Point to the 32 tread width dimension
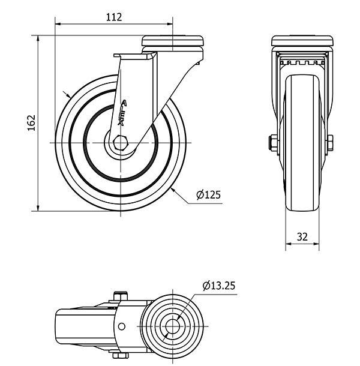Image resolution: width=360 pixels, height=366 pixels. click(x=302, y=237)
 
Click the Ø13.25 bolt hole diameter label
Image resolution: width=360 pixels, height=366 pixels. click(x=218, y=285)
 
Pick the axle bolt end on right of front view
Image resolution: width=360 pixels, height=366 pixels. click(x=329, y=142)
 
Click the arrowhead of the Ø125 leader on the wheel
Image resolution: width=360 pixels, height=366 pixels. click(x=172, y=188)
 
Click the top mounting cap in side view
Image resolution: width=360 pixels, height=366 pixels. click(x=172, y=41)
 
